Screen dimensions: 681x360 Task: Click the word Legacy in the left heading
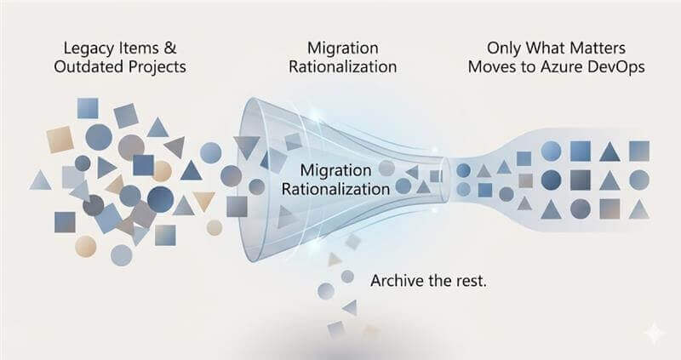89,49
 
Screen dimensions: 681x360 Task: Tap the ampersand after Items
170,48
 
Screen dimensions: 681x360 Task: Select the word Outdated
89,66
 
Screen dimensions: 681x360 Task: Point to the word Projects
157,67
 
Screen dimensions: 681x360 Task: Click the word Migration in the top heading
343,49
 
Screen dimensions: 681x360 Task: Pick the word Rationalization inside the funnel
335,189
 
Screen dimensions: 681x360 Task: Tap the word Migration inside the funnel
335,171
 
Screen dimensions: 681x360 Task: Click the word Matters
597,48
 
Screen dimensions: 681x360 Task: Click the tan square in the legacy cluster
60,140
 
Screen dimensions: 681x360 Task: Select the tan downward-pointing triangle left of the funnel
204,201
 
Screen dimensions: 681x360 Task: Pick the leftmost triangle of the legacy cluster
40,180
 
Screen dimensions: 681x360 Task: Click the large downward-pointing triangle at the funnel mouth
246,147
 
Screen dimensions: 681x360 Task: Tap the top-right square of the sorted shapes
639,151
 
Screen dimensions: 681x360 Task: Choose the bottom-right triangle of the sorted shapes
639,209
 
